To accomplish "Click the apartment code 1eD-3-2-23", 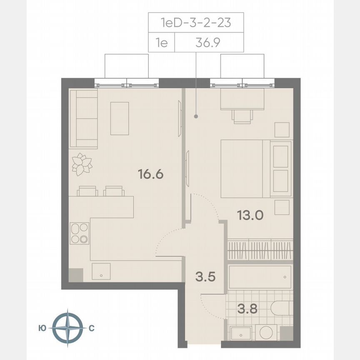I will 196,22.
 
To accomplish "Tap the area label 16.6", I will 150,174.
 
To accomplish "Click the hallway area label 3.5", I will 205,276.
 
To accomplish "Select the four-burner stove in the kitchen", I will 79,233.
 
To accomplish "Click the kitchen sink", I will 101,271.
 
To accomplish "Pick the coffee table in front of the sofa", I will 120,118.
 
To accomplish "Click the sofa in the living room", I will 83,118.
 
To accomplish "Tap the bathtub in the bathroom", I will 260,277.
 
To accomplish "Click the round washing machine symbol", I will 266,333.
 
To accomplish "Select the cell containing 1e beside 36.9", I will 161,42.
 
